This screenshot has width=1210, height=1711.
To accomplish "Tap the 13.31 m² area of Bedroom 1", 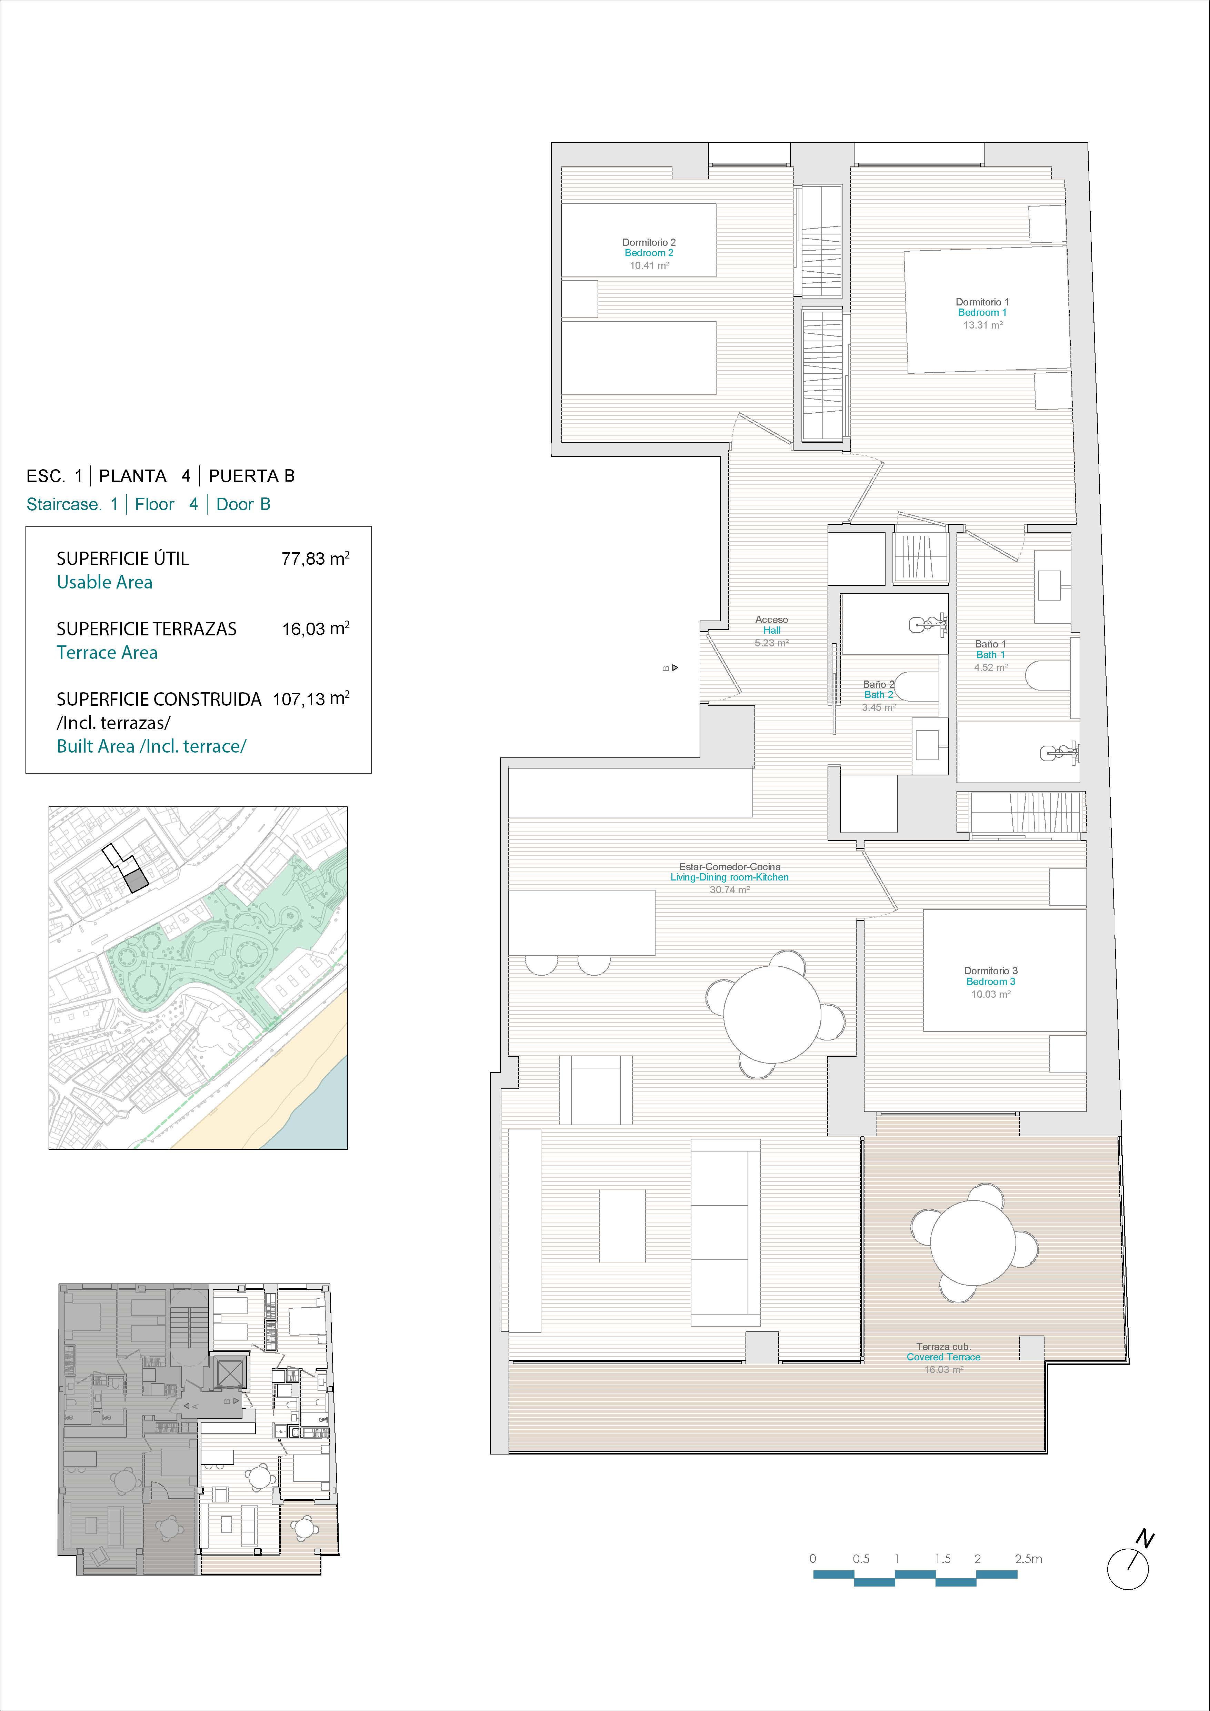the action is click(x=983, y=325).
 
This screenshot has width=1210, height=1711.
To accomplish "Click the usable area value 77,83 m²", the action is click(x=316, y=558).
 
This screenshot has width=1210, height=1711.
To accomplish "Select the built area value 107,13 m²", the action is click(x=311, y=698).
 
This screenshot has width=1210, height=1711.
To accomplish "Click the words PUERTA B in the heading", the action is click(x=251, y=475).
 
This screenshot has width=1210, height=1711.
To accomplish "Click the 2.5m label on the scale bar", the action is click(x=1028, y=1558).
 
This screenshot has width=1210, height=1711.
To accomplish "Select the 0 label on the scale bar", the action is click(x=813, y=1558).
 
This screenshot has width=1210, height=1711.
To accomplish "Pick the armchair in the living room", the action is click(x=595, y=1089).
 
